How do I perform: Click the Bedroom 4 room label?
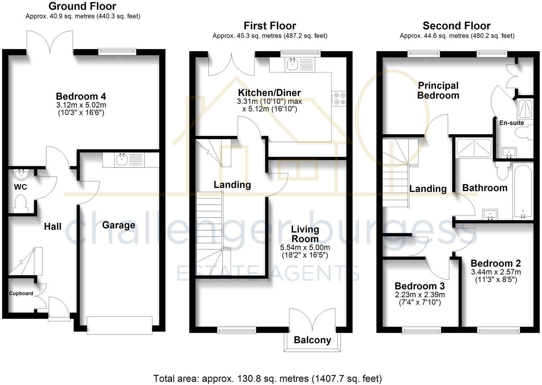81,96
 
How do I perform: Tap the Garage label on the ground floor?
119,225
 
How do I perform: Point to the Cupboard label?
21,293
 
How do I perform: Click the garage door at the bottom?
119,325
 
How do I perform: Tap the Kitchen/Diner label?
269,92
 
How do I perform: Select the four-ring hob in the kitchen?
338,98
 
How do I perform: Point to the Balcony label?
312,340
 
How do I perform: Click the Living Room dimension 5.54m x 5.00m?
305,248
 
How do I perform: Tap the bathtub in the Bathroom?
523,191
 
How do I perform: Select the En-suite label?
511,123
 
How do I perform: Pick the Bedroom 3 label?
419,286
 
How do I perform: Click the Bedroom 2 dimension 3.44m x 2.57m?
496,272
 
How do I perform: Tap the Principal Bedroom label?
438,91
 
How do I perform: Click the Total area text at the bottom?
267,379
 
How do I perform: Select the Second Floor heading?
456,26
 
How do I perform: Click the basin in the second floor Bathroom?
490,214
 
